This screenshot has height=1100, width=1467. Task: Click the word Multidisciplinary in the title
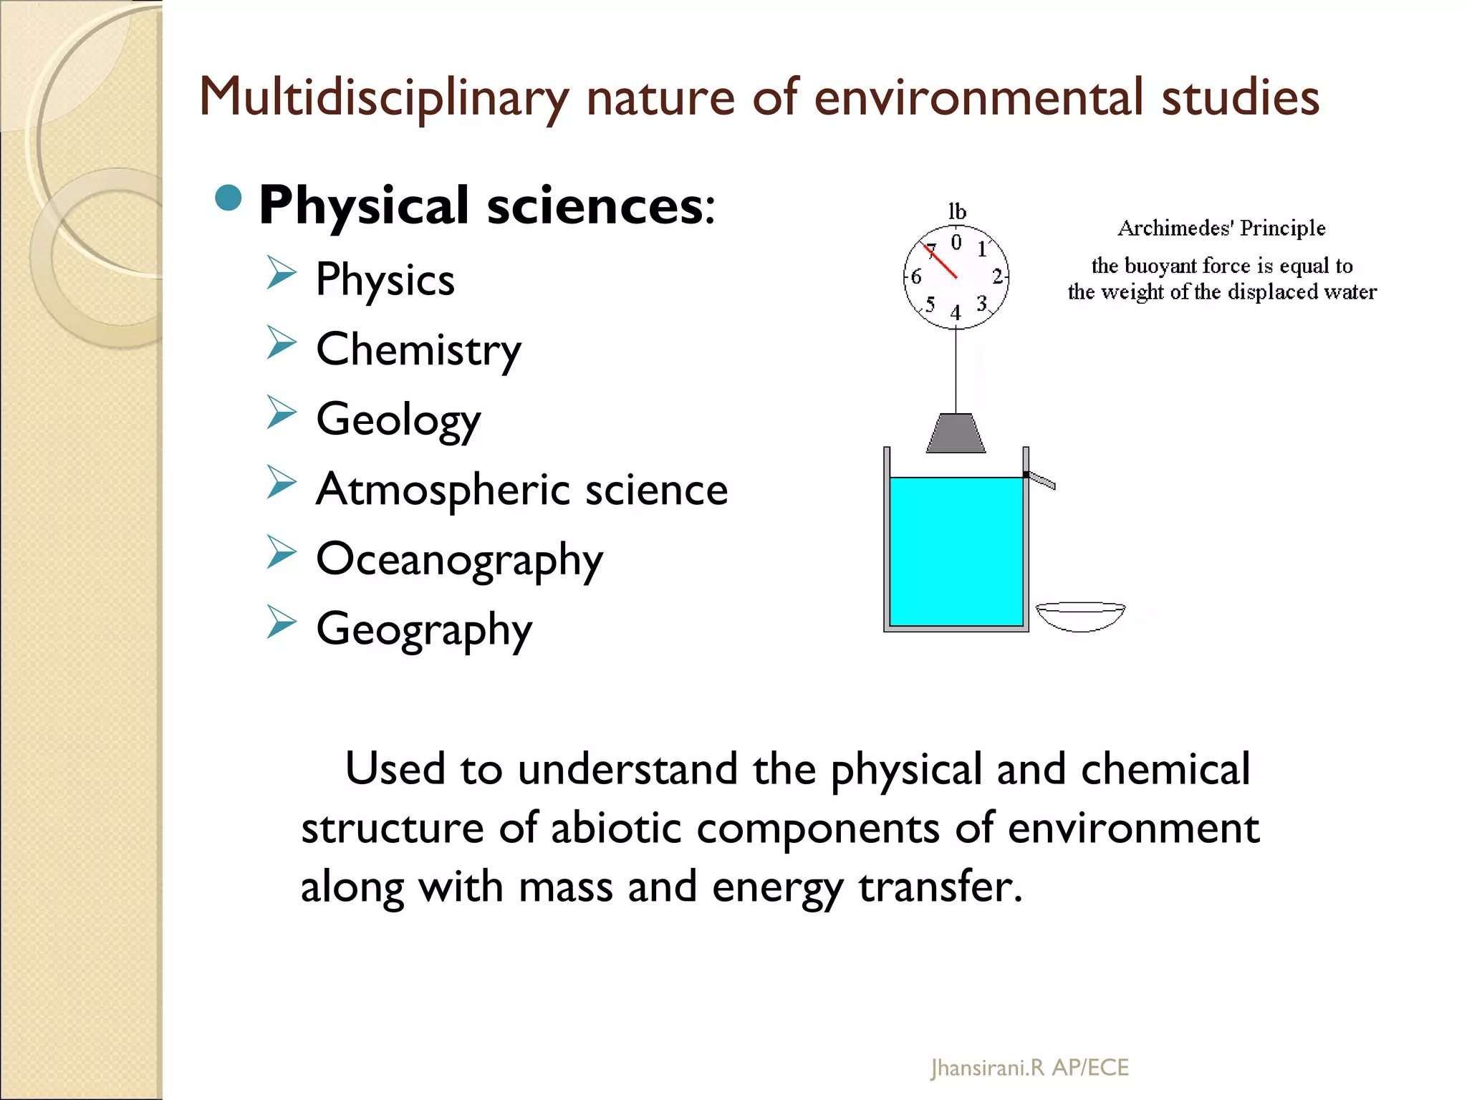[x=383, y=98]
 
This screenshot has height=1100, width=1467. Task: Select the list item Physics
[x=385, y=279]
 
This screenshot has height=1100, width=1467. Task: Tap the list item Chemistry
[x=418, y=350]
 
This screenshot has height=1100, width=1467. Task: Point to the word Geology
[x=398, y=420]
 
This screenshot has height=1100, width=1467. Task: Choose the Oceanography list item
[x=459, y=560]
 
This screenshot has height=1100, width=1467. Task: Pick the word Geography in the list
[x=424, y=629]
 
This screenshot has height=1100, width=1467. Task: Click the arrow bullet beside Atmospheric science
[x=281, y=483]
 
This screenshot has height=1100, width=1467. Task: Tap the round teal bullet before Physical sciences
[x=229, y=198]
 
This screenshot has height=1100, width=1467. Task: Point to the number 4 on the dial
[x=955, y=313]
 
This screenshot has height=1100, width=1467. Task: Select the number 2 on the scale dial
[x=996, y=276]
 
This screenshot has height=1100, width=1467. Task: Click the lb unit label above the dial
[x=956, y=212]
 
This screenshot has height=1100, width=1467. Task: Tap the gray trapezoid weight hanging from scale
[x=956, y=433]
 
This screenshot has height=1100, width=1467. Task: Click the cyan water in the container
[x=956, y=551]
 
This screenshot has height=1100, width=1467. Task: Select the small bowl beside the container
[x=1080, y=617]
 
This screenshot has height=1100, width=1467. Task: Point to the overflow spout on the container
[x=1041, y=481]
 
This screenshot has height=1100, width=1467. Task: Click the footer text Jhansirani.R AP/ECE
[x=1029, y=1068]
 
